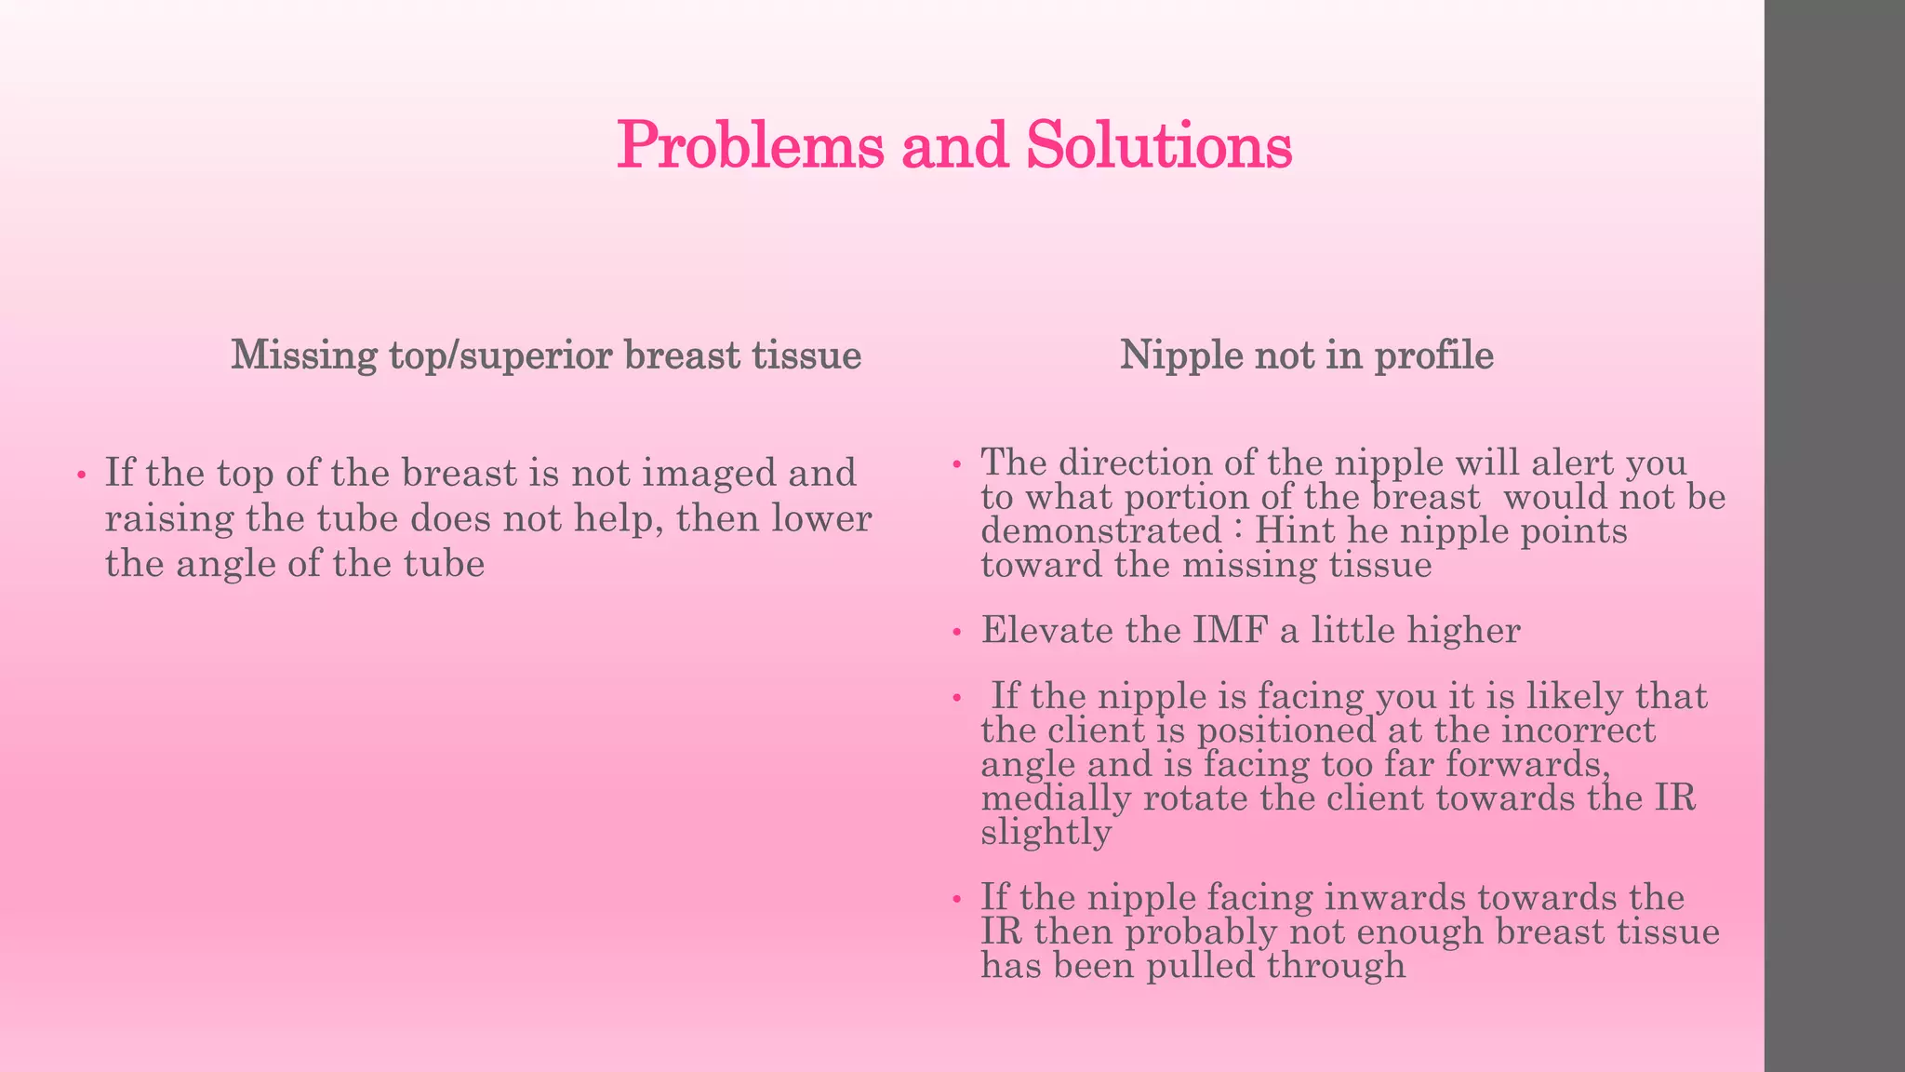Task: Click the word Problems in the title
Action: pyautogui.click(x=750, y=146)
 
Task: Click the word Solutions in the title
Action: pyautogui.click(x=1158, y=146)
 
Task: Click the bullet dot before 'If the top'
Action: pyautogui.click(x=82, y=476)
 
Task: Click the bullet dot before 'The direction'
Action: pyautogui.click(x=956, y=464)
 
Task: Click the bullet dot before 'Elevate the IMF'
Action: pyautogui.click(x=956, y=634)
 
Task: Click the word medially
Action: pyautogui.click(x=1056, y=797)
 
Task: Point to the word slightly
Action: pyautogui.click(x=1046, y=832)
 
